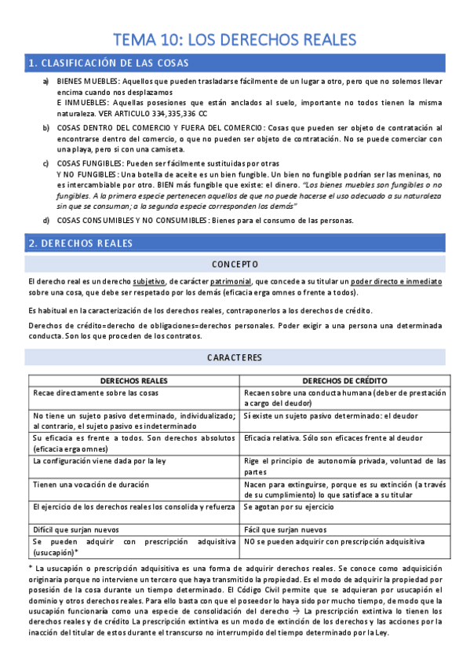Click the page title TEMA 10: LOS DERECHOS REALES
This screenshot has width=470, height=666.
coord(235,39)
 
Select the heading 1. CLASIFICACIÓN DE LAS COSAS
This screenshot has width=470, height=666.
coord(108,64)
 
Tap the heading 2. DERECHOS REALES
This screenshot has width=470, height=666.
coord(80,244)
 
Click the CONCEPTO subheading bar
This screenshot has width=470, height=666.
coord(235,264)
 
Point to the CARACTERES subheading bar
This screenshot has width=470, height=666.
coord(235,357)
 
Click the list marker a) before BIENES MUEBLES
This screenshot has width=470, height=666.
coord(46,82)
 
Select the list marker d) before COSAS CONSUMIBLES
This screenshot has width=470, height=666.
coord(46,220)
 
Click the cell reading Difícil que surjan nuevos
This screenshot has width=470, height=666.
coord(78,529)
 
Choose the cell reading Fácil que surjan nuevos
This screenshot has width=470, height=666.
coord(286,529)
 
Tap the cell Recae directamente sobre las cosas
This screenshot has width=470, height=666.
coord(95,393)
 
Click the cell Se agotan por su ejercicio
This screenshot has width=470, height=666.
coord(290,507)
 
